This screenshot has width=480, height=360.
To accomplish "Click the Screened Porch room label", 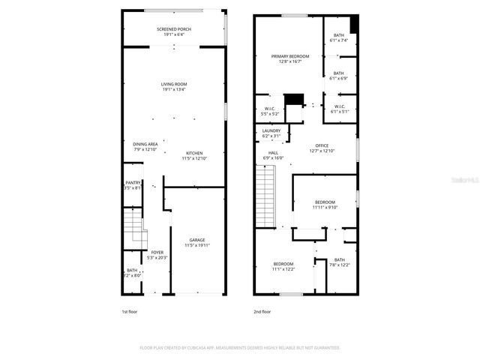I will pos(173,29).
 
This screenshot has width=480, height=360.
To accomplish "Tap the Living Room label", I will pos(173,84).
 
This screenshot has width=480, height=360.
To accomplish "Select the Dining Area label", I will pos(145,144).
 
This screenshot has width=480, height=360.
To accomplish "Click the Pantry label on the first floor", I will pos(132,183).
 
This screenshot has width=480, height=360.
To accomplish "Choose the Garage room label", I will pos(196,240).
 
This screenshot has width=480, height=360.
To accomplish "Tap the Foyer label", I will pos(157,252).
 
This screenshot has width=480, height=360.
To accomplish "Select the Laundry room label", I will pos(271,130).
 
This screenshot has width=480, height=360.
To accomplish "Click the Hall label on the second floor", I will pos(273,153).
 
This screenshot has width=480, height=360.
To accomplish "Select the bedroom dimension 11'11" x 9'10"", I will pos(325,207).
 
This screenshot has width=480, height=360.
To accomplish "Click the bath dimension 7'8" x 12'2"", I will pos(339,265).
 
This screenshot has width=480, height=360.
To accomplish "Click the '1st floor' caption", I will pos(130,311).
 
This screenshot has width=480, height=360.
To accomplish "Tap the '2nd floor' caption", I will pos(262,311).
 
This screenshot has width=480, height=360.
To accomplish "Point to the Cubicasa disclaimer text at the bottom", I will pos(240,348).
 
